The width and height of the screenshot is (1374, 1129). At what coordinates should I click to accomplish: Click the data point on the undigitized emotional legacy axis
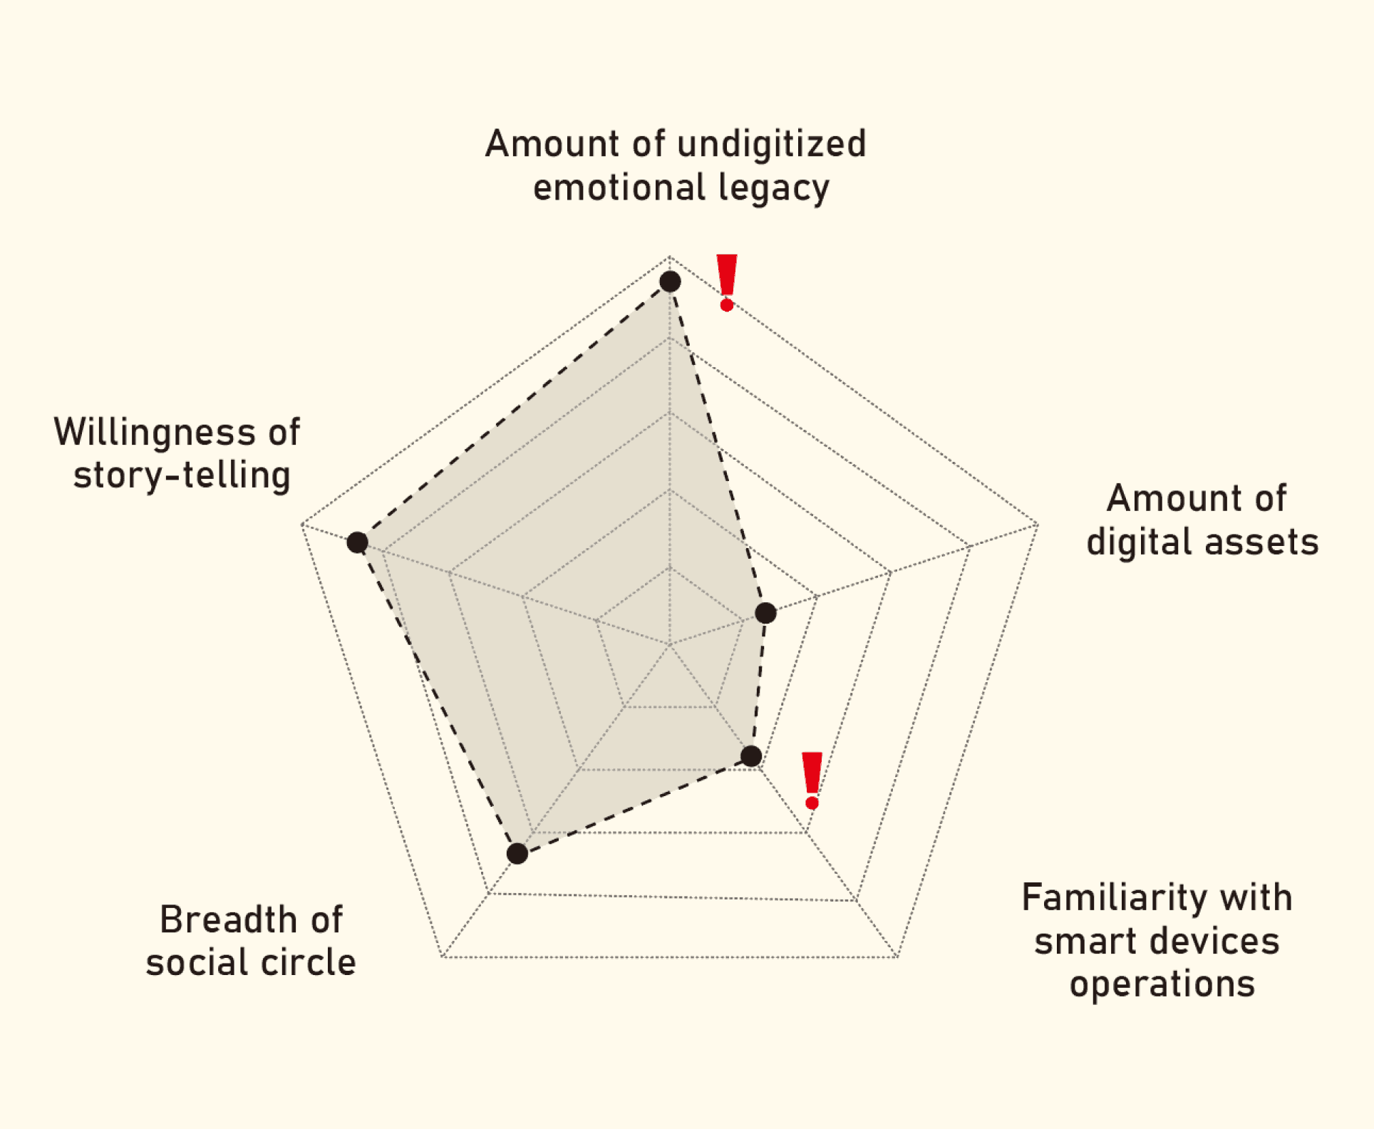pos(670,282)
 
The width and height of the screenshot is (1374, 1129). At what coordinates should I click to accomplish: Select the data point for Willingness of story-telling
pos(357,542)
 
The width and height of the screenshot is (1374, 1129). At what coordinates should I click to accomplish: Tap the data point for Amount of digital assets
pos(765,613)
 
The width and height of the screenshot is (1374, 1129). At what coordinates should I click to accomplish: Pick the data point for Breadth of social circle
pos(517,853)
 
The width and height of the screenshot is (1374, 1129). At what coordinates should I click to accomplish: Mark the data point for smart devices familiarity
pos(751,756)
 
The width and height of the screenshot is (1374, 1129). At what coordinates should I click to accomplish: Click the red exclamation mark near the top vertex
pos(726,282)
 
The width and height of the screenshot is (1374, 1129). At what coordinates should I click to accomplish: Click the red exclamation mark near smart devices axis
pos(812,780)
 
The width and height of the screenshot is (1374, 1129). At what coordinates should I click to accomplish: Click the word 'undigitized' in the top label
pos(771,144)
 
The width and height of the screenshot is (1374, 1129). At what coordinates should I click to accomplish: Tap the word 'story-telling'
pos(182,475)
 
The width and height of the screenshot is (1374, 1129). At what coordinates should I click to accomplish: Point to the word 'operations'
pos(1162,984)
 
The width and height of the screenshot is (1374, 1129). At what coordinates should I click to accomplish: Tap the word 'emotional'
pos(619,188)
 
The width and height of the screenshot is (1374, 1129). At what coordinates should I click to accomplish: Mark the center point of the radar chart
pos(670,645)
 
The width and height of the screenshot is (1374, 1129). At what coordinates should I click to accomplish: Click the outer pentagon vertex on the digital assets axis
pos(1038,525)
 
